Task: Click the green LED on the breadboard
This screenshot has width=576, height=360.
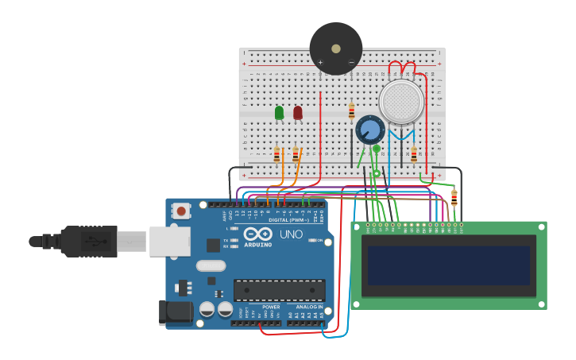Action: (279, 113)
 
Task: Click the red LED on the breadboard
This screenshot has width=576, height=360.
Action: (298, 113)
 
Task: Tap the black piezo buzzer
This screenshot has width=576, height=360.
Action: (336, 48)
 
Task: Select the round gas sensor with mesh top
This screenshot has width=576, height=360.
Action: (401, 102)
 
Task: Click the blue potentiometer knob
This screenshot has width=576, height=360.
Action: (369, 130)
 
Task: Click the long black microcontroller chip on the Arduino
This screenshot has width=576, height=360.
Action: (279, 290)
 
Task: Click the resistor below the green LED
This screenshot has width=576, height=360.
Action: (276, 154)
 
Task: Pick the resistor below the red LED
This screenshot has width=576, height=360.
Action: (296, 154)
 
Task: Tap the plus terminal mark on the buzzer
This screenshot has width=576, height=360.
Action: (321, 62)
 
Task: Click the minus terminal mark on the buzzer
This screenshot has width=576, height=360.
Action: (351, 62)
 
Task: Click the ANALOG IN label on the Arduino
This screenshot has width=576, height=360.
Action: (308, 307)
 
